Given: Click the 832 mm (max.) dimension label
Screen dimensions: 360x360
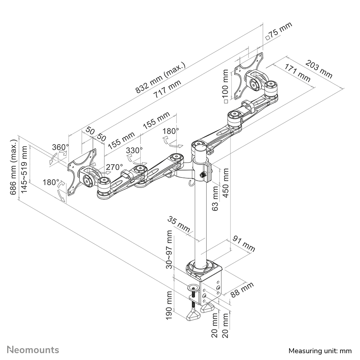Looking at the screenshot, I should tap(161, 78).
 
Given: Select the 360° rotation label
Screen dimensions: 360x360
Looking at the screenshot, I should tap(60, 147).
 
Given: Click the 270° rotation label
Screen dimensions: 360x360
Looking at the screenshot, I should tap(114, 167).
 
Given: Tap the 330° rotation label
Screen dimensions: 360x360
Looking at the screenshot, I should tap(134, 150).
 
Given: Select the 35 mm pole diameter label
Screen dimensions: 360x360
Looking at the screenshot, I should tap(179, 224).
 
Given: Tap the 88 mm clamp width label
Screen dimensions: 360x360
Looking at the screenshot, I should tap(242, 289).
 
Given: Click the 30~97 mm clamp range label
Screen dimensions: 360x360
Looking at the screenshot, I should tap(170, 248).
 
